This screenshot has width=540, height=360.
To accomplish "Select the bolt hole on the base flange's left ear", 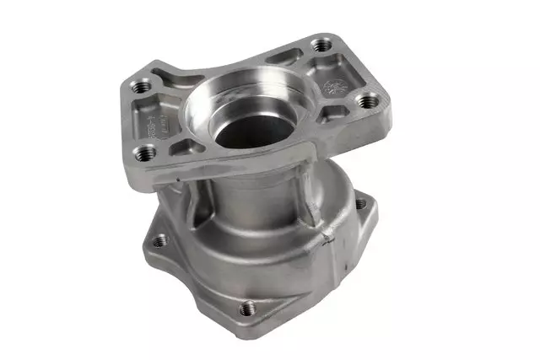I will [x=160, y=239].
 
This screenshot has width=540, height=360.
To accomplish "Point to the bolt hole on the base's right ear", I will [x=361, y=203].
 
